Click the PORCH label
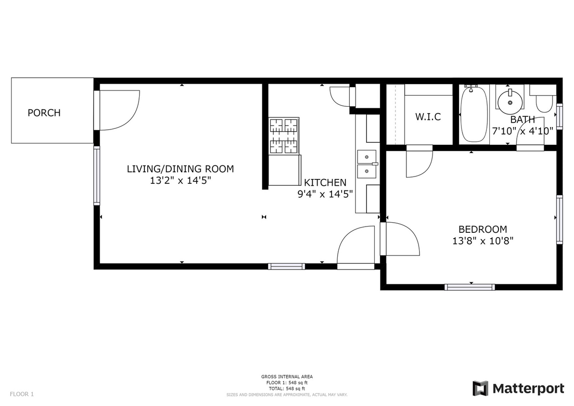click(44, 113)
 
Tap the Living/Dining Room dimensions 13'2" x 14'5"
click(180, 181)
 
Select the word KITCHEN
click(325, 183)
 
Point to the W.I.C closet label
click(428, 117)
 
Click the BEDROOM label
click(482, 229)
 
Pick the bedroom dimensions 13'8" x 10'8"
click(482, 241)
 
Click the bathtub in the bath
click(474, 114)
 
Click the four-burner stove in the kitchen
click(284, 136)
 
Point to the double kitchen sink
click(367, 164)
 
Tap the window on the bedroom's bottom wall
click(469, 287)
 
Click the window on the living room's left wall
click(97, 175)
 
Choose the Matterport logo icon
click(480, 388)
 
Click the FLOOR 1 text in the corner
click(22, 394)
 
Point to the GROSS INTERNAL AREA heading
click(287, 377)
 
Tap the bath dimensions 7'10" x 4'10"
click(522, 130)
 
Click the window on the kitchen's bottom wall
click(286, 266)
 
